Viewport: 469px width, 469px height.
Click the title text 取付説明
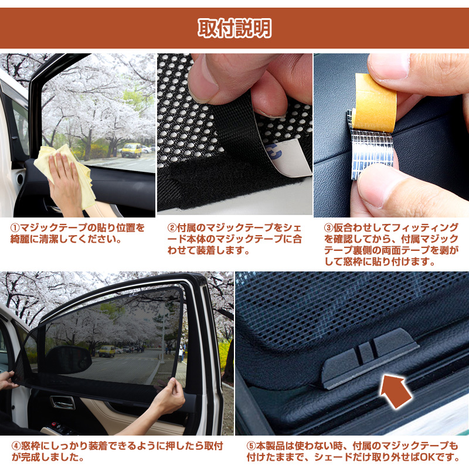235,28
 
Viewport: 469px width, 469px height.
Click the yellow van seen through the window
131,150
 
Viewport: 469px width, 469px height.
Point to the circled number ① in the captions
15,228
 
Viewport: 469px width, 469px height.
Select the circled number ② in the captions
172,228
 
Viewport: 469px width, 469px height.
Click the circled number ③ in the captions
328,228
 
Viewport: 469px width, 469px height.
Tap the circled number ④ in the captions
16,446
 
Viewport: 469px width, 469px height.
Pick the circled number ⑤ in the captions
251,446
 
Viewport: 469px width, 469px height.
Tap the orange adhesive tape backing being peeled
375,103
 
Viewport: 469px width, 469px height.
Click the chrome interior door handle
63,403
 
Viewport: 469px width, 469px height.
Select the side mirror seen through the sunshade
68,360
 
